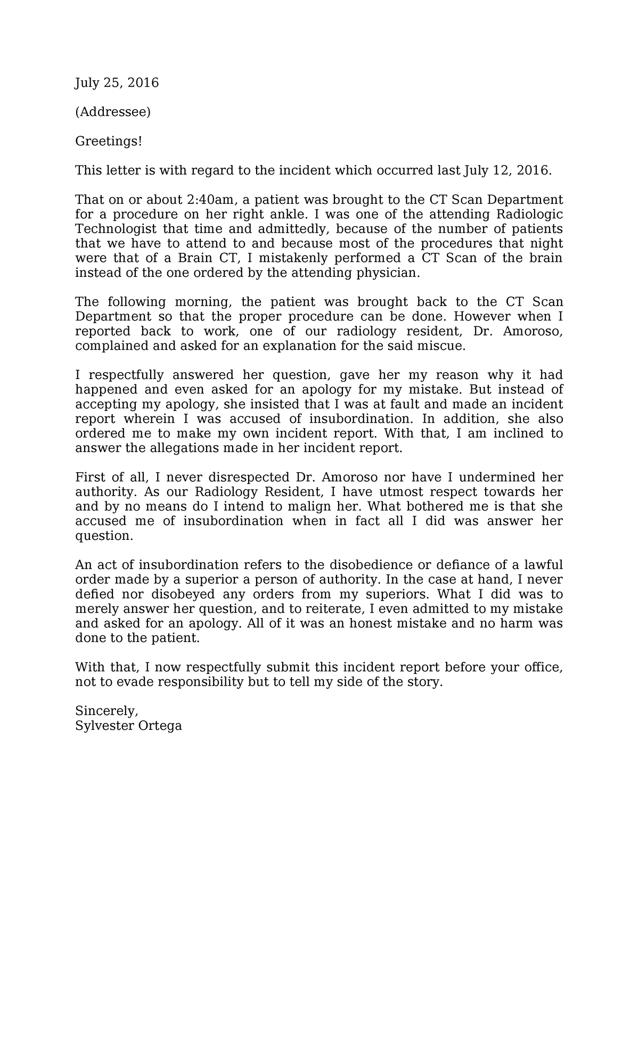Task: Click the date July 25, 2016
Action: point(117,83)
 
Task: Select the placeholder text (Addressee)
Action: point(113,112)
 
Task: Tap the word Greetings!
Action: point(109,141)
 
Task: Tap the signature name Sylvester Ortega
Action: point(128,726)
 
